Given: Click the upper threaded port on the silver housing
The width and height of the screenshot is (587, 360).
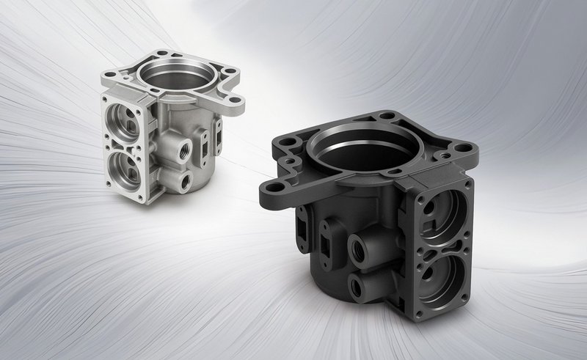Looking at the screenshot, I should (179, 150).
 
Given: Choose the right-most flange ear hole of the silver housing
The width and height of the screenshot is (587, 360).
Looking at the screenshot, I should (233, 100).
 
